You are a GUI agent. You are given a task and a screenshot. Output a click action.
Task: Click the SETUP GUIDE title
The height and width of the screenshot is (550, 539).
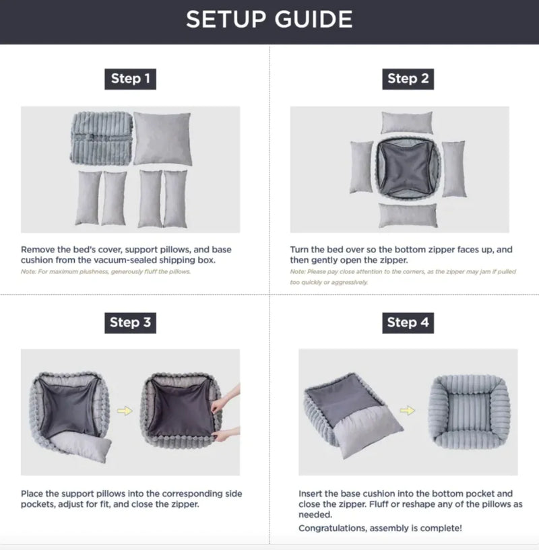point(269,20)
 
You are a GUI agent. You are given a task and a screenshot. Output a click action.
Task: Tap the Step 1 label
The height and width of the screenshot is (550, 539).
point(130,79)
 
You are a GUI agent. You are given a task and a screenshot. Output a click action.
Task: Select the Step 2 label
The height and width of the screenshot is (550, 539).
point(408,79)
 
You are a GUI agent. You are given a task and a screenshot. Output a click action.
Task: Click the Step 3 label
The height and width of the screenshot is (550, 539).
point(130,322)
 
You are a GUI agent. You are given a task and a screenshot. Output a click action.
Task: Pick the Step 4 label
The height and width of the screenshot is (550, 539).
point(408,322)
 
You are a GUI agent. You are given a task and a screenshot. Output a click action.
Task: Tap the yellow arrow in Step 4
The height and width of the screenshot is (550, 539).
point(406,408)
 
